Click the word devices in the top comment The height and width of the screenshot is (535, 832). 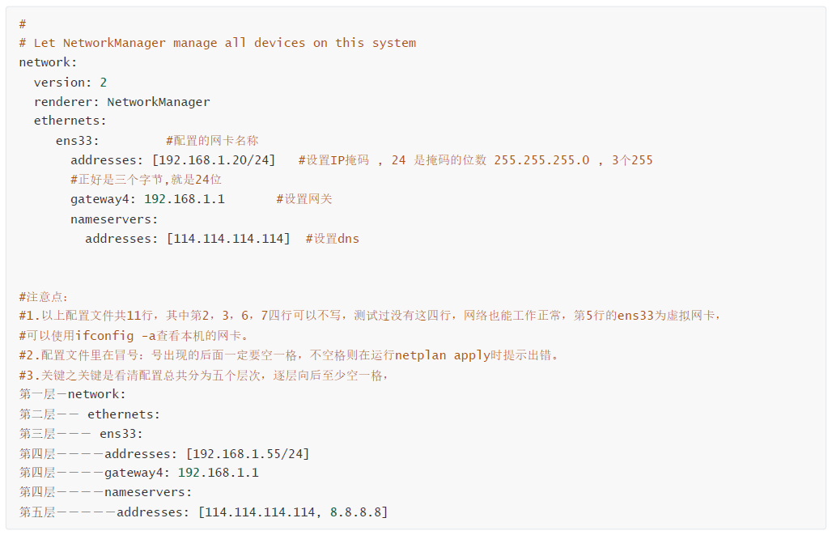(280, 43)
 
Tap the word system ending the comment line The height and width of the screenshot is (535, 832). (393, 43)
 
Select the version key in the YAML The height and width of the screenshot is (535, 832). (59, 83)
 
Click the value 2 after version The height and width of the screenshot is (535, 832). (104, 83)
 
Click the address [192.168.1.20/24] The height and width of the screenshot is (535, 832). (214, 160)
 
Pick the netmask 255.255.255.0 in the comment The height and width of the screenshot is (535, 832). (541, 160)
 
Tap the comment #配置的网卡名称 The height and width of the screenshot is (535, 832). (212, 141)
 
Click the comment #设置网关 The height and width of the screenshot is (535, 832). (304, 199)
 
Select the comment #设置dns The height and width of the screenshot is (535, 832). (332, 239)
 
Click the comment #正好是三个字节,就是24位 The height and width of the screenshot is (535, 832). (146, 180)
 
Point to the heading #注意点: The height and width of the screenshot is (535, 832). (44, 297)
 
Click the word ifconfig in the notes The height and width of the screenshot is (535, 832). (104, 336)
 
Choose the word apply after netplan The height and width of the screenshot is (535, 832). (472, 355)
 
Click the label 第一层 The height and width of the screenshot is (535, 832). (37, 394)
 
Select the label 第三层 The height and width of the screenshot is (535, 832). (37, 434)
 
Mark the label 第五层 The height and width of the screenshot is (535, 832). (37, 512)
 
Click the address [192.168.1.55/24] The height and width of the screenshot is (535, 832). (248, 454)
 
